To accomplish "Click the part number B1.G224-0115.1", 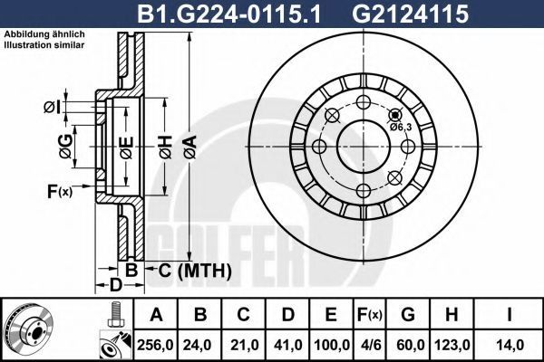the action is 229,14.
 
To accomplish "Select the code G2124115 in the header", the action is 411,14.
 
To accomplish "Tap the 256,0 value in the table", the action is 155,345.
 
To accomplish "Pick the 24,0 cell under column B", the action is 199,345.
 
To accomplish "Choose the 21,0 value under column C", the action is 244,345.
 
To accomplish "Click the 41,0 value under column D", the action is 288,345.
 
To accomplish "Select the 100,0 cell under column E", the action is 332,345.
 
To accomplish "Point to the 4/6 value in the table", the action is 370,345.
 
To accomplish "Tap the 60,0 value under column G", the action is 408,345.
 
